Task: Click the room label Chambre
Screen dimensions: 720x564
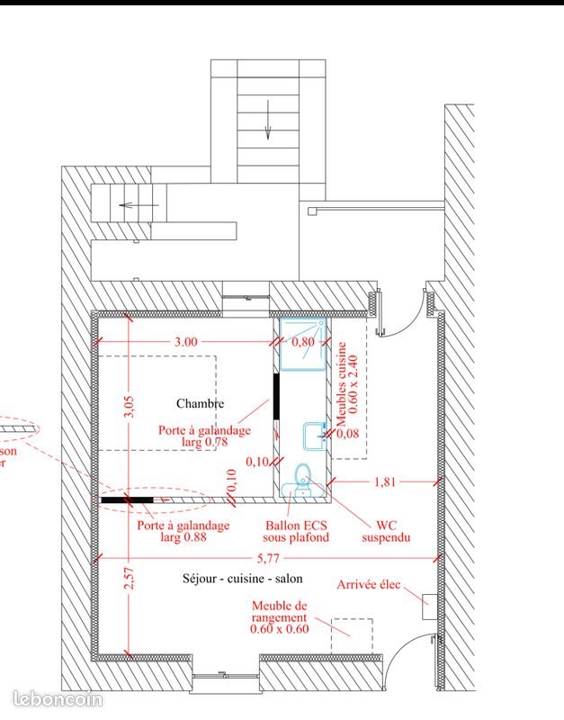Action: [x=201, y=403]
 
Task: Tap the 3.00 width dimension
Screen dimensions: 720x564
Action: [x=186, y=342]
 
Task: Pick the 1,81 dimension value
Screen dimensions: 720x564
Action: [x=384, y=482]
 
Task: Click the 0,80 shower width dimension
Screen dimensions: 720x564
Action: [x=304, y=342]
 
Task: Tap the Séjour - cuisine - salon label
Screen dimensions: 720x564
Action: [x=242, y=580]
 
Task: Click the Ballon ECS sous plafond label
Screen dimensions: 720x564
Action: [x=296, y=531]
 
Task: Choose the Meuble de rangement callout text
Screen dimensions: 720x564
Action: [x=279, y=618]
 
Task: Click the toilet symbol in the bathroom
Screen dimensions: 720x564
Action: [x=302, y=477]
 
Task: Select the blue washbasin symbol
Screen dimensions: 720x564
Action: [x=313, y=436]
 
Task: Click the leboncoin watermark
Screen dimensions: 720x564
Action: [x=58, y=698]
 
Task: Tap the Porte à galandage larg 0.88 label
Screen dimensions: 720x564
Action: [x=183, y=531]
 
